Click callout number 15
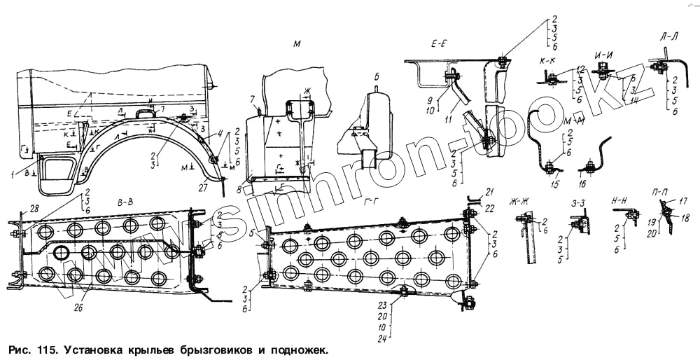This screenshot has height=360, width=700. tap(555, 184)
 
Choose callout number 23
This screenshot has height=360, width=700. tap(382, 305)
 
